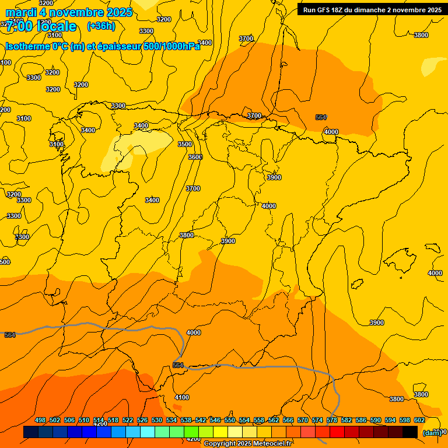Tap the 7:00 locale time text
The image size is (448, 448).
pos(41,26)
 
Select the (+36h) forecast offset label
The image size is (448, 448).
pos(101,26)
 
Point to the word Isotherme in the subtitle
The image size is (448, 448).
pos(27,46)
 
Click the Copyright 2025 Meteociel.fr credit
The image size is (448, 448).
pos(247,444)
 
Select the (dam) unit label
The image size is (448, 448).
pos(432,433)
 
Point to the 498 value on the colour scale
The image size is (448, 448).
pos(40,420)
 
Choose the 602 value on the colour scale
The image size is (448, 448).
pos(419,420)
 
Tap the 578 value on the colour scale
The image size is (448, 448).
pos(331,420)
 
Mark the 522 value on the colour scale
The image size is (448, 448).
pos(128,420)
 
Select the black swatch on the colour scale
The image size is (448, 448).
pos(409,432)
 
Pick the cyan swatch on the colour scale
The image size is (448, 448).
pos(147,432)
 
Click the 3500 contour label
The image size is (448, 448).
pos(185,144)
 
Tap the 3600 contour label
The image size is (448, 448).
pos(195,157)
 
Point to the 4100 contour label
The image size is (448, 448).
pos(182,397)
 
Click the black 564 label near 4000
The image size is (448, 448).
pos(321,117)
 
